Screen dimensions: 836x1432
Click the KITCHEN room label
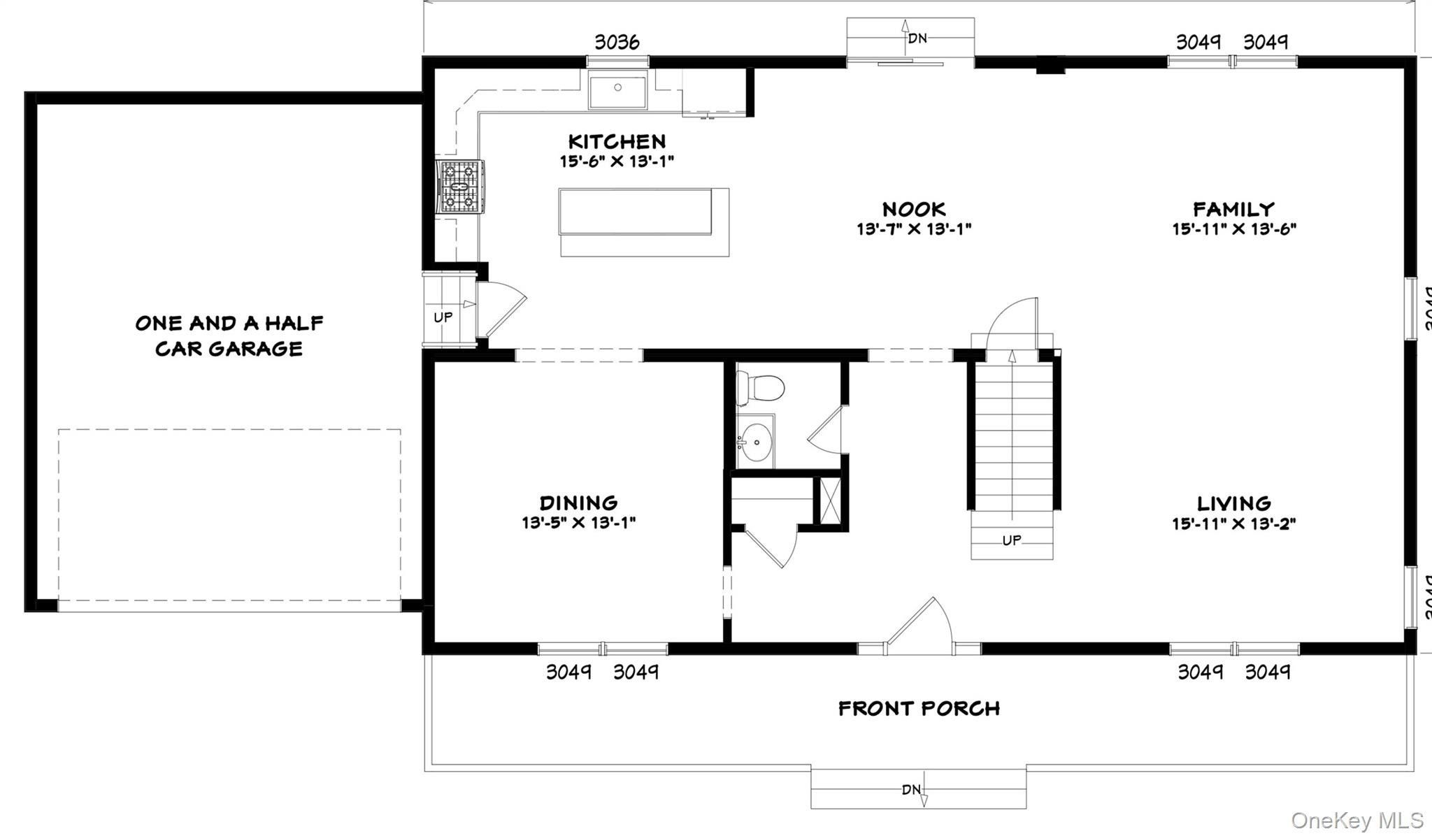pos(617,142)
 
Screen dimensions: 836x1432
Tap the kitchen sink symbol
pos(617,92)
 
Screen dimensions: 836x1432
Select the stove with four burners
pos(460,186)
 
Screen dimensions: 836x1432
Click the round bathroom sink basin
pos(755,442)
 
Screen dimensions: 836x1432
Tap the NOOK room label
pos(914,209)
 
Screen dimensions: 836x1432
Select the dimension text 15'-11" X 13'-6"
pos(1234,229)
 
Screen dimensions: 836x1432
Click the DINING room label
pos(578,503)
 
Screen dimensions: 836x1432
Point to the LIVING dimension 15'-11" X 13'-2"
pos(1234,524)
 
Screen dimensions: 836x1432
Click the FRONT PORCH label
pos(919,709)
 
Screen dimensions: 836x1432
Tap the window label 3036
pos(617,43)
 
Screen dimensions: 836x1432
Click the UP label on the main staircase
pos(1011,540)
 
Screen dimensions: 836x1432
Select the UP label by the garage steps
pos(443,317)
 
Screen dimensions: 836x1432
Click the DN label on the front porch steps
pos(911,790)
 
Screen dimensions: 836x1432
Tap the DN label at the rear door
pos(917,38)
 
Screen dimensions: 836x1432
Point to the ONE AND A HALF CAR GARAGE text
pos(229,336)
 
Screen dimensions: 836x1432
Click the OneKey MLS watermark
pos(1356,820)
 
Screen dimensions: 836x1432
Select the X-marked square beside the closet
pos(831,500)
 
